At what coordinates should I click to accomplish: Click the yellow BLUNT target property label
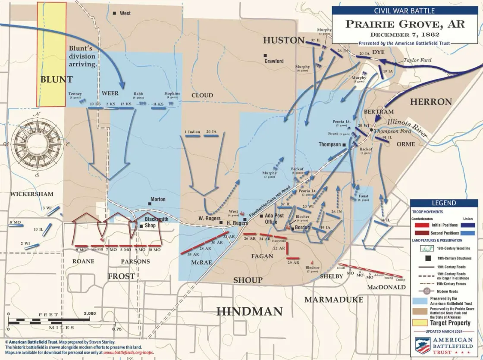click(56, 79)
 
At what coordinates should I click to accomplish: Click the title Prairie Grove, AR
click(405, 24)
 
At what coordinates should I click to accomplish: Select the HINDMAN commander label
click(249, 311)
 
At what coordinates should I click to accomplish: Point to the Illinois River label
click(407, 128)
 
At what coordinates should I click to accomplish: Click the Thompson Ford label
click(392, 131)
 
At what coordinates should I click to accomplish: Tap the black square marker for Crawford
click(266, 55)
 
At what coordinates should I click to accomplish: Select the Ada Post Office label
click(274, 218)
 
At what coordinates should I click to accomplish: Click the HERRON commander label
click(430, 102)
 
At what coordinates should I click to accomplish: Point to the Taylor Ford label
click(417, 60)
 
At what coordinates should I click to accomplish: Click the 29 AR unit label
click(293, 263)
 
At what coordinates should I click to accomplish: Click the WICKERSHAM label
click(32, 194)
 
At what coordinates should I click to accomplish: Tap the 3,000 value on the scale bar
click(90, 313)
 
